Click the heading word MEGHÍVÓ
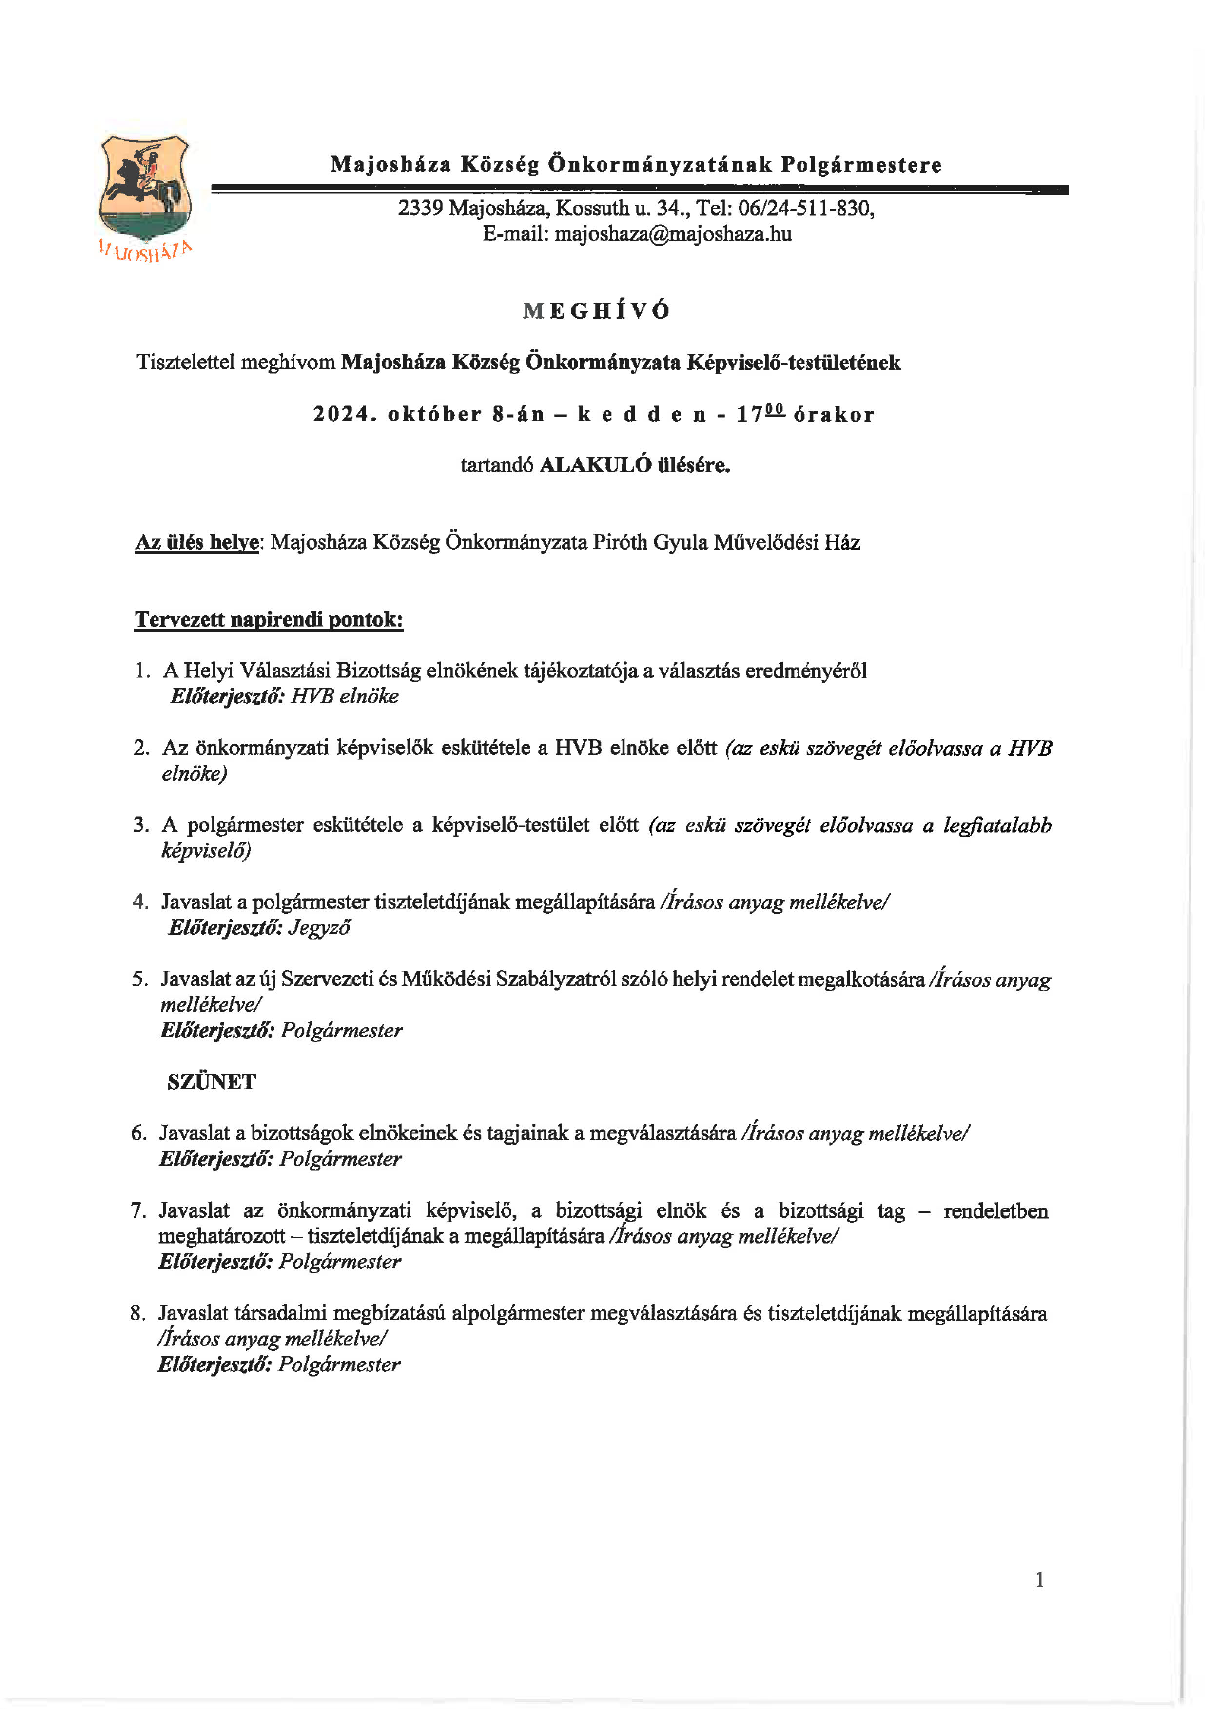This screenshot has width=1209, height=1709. click(596, 311)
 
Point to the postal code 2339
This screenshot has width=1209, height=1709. click(421, 209)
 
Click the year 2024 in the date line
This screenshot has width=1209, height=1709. click(341, 415)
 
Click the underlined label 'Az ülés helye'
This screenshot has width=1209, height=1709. click(196, 543)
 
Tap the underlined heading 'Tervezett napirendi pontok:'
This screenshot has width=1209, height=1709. click(269, 620)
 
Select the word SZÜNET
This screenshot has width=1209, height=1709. click(212, 1082)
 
